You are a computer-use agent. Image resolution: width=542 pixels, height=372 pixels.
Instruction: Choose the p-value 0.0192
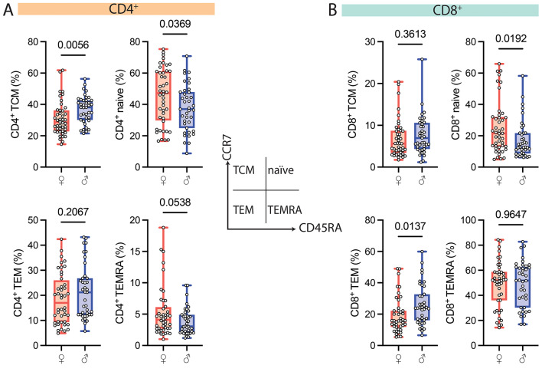510,35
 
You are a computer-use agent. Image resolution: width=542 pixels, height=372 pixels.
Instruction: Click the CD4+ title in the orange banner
117,9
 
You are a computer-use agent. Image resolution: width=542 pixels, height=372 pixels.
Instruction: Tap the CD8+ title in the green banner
439,9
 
